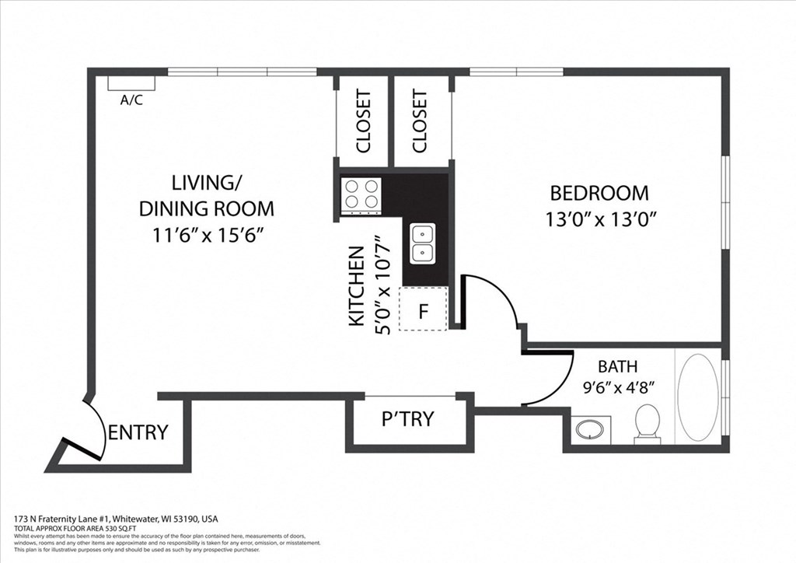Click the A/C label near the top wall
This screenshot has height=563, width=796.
pyautogui.click(x=131, y=100)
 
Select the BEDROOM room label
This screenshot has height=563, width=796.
pyautogui.click(x=599, y=193)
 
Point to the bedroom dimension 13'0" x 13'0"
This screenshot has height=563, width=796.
pyautogui.click(x=602, y=219)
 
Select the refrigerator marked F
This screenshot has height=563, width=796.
pyautogui.click(x=424, y=309)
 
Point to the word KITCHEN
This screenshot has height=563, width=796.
pyautogui.click(x=356, y=286)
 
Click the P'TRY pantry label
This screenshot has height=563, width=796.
pyautogui.click(x=407, y=419)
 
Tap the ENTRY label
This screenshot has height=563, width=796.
pyautogui.click(x=138, y=432)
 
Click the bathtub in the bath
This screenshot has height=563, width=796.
pyautogui.click(x=697, y=397)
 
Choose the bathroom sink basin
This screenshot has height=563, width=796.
pyautogui.click(x=592, y=429)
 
